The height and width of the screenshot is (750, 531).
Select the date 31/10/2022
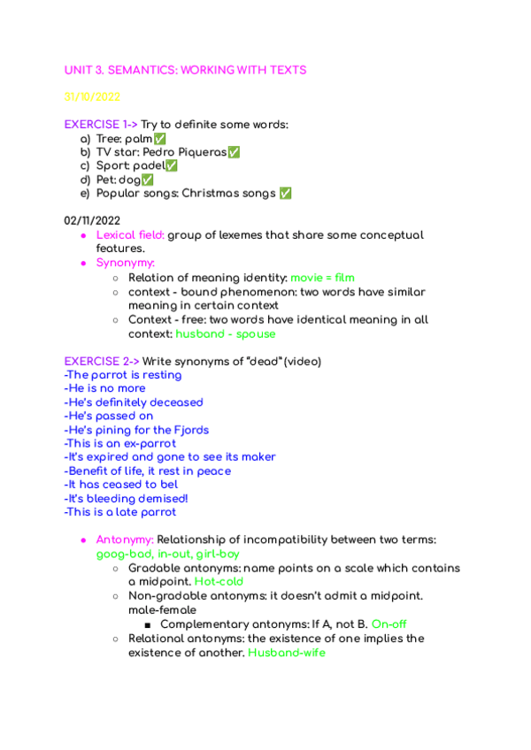point(92,97)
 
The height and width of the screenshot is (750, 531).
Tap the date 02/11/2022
point(92,220)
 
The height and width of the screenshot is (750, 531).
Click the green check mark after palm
point(159,140)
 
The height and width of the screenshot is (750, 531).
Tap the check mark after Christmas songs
point(285,194)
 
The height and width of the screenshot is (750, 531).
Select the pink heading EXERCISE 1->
point(101,125)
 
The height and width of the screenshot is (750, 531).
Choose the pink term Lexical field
point(130,235)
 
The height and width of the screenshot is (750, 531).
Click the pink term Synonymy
point(126,263)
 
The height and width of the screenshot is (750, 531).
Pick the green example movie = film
point(322,278)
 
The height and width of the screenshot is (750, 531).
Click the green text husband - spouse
point(226,334)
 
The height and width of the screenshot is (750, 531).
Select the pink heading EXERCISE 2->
point(101,361)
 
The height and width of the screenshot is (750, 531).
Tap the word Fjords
point(189,430)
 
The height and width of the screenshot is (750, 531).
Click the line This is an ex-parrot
point(120,443)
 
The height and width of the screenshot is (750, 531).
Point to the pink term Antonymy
point(125,540)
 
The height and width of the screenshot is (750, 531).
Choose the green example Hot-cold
point(219,582)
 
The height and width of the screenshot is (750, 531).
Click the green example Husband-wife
point(286,652)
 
